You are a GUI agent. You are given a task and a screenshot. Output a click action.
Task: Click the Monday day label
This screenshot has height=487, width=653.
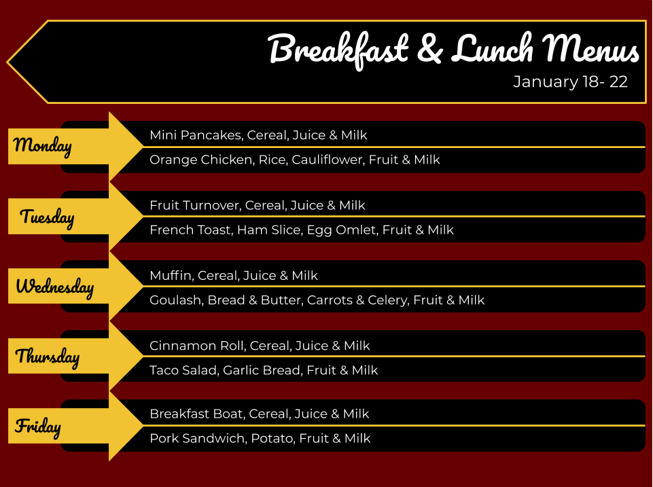click(x=43, y=146)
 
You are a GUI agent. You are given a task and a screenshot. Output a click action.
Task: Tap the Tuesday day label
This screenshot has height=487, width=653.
click(x=47, y=217)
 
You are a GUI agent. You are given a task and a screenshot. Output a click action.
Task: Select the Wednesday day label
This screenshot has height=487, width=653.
click(x=54, y=287)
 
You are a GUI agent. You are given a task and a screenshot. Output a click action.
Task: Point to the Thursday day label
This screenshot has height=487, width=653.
click(x=48, y=357)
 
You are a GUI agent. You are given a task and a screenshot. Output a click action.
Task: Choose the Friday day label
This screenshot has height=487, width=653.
click(x=38, y=427)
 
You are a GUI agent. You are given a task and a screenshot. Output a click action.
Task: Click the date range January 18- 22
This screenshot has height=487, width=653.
click(x=570, y=82)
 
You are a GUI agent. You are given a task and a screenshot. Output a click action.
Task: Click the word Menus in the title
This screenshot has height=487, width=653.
click(x=590, y=49)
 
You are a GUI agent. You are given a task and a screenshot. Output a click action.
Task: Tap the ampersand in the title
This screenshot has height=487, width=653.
click(x=429, y=49)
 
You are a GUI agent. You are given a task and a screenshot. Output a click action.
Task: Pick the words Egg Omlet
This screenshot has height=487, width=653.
click(x=341, y=230)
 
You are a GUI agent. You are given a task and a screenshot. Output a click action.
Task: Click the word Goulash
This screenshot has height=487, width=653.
click(x=175, y=300)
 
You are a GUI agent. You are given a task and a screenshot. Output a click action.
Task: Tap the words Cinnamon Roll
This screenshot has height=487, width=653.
click(x=197, y=346)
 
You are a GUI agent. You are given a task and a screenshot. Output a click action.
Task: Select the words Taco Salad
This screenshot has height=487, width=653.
click(x=183, y=370)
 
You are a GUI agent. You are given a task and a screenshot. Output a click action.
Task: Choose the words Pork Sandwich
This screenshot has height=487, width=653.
click(x=198, y=438)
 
